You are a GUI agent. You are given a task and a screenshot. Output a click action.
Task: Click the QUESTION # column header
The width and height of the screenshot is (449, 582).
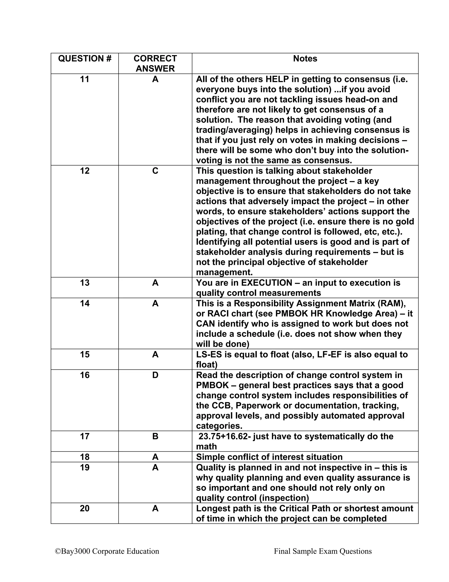tap(85, 59)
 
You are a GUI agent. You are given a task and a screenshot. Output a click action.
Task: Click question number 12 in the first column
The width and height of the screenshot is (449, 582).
tap(85, 171)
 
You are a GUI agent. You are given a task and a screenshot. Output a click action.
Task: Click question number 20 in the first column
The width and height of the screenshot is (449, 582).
tap(85, 508)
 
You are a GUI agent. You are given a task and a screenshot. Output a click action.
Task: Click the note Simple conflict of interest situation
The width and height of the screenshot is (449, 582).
tap(269, 457)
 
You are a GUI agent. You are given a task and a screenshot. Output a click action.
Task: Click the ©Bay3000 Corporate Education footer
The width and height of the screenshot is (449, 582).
tap(107, 551)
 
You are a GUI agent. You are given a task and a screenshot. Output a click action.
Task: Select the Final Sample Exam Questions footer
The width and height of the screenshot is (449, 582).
tap(323, 551)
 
